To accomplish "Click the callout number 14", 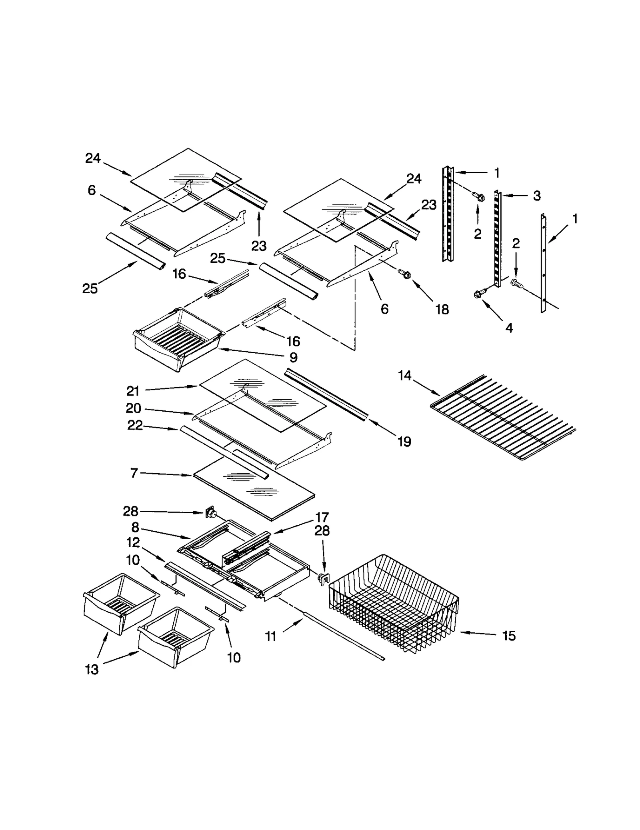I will [x=404, y=376].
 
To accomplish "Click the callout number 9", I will [x=293, y=357].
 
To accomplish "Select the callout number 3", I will [x=537, y=196].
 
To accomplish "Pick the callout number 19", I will [x=404, y=441].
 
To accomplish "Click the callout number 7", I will [x=134, y=473].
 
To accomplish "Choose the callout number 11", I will [x=271, y=636].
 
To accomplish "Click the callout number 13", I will [x=92, y=669].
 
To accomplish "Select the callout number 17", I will [x=322, y=517].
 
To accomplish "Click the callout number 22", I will [x=135, y=425].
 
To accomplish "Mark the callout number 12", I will [x=133, y=542].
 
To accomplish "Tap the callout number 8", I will [x=135, y=527].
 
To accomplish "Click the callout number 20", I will [x=133, y=408].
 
